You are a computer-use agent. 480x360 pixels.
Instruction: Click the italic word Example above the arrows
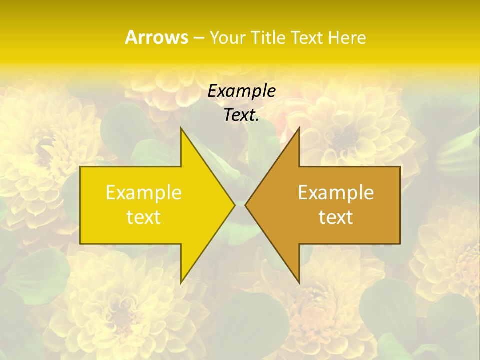tap(241, 91)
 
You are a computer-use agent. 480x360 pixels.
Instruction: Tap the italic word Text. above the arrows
tap(241, 115)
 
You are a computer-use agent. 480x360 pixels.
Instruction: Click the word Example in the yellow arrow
tap(144, 193)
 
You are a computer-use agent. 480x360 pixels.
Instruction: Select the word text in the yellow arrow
tap(144, 217)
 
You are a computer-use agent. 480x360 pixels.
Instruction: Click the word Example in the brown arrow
tap(336, 193)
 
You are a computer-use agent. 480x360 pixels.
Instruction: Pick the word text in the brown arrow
tap(336, 217)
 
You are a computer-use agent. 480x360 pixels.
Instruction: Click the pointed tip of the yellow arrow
tap(234, 205)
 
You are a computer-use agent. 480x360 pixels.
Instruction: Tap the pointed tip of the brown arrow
tap(246, 205)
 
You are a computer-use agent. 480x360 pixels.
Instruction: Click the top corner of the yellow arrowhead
tap(181, 129)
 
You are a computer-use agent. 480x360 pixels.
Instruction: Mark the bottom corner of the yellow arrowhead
tap(181, 282)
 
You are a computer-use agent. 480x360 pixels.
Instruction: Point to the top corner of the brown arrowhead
tap(299, 129)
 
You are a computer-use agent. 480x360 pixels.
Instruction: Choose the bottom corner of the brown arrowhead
tap(299, 282)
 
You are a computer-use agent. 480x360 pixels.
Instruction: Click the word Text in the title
tap(306, 38)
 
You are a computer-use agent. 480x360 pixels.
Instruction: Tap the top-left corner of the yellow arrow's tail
tap(81, 167)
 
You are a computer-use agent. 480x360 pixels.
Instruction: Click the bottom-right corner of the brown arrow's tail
tap(399, 243)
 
